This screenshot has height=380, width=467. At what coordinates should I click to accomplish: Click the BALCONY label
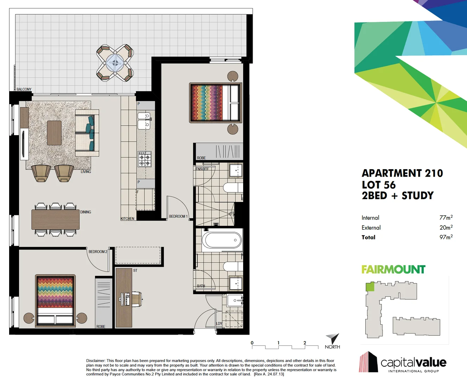point(24,89)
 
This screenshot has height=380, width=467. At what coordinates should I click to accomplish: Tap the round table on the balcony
point(115,63)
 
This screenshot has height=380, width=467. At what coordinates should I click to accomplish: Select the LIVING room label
point(86,172)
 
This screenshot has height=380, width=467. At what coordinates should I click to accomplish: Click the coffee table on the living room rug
point(54,133)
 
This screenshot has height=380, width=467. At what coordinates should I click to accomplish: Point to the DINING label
point(86,212)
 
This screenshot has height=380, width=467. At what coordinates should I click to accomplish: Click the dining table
point(56,220)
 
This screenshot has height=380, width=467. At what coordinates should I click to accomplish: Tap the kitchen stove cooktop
point(144,159)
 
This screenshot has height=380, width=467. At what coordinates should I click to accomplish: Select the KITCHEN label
point(127,219)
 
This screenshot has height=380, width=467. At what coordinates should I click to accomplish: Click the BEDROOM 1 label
point(178,216)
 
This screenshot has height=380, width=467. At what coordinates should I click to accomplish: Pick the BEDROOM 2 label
point(98,252)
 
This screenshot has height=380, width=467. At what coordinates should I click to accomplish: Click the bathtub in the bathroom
point(222,240)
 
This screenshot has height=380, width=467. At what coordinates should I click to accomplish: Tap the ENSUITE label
point(202,169)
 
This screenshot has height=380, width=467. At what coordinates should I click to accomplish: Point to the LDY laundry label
point(219,324)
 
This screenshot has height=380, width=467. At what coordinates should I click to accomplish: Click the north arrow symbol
point(333,338)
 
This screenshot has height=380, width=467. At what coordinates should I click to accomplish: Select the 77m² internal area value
point(446,218)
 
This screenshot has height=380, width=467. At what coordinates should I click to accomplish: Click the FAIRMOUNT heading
point(393,270)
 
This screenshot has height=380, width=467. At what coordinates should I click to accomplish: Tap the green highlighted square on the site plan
point(370,287)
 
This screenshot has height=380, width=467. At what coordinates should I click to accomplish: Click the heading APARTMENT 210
point(402,173)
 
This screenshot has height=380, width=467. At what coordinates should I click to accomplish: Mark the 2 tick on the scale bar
point(305,343)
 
